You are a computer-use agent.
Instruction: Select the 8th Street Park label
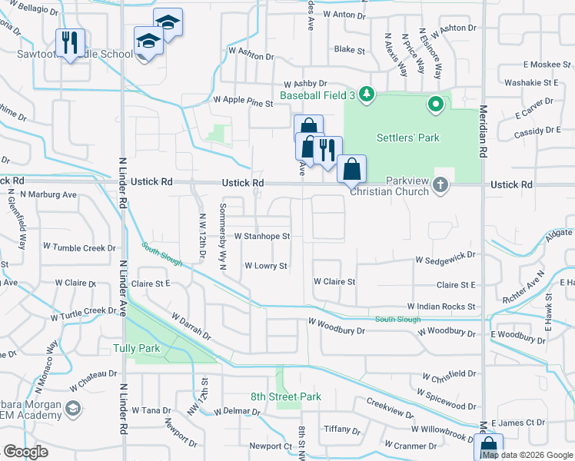[285, 396]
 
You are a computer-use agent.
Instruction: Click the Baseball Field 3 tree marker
[367, 95]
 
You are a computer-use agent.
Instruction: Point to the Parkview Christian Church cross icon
[440, 184]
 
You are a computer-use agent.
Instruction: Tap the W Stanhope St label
[261, 237]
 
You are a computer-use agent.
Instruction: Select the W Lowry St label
[265, 266]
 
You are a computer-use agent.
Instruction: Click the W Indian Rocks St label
[441, 307]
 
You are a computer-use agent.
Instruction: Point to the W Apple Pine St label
[243, 100]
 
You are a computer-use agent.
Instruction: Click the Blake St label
[349, 50]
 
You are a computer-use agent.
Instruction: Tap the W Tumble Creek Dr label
[79, 247]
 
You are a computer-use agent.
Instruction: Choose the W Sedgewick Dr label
[445, 261]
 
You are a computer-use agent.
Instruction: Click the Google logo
[25, 452]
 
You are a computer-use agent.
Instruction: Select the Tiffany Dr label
[337, 429]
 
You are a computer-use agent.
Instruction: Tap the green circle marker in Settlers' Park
[435, 104]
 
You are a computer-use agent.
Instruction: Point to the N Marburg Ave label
[48, 195]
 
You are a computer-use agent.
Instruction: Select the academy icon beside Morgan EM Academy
[73, 407]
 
